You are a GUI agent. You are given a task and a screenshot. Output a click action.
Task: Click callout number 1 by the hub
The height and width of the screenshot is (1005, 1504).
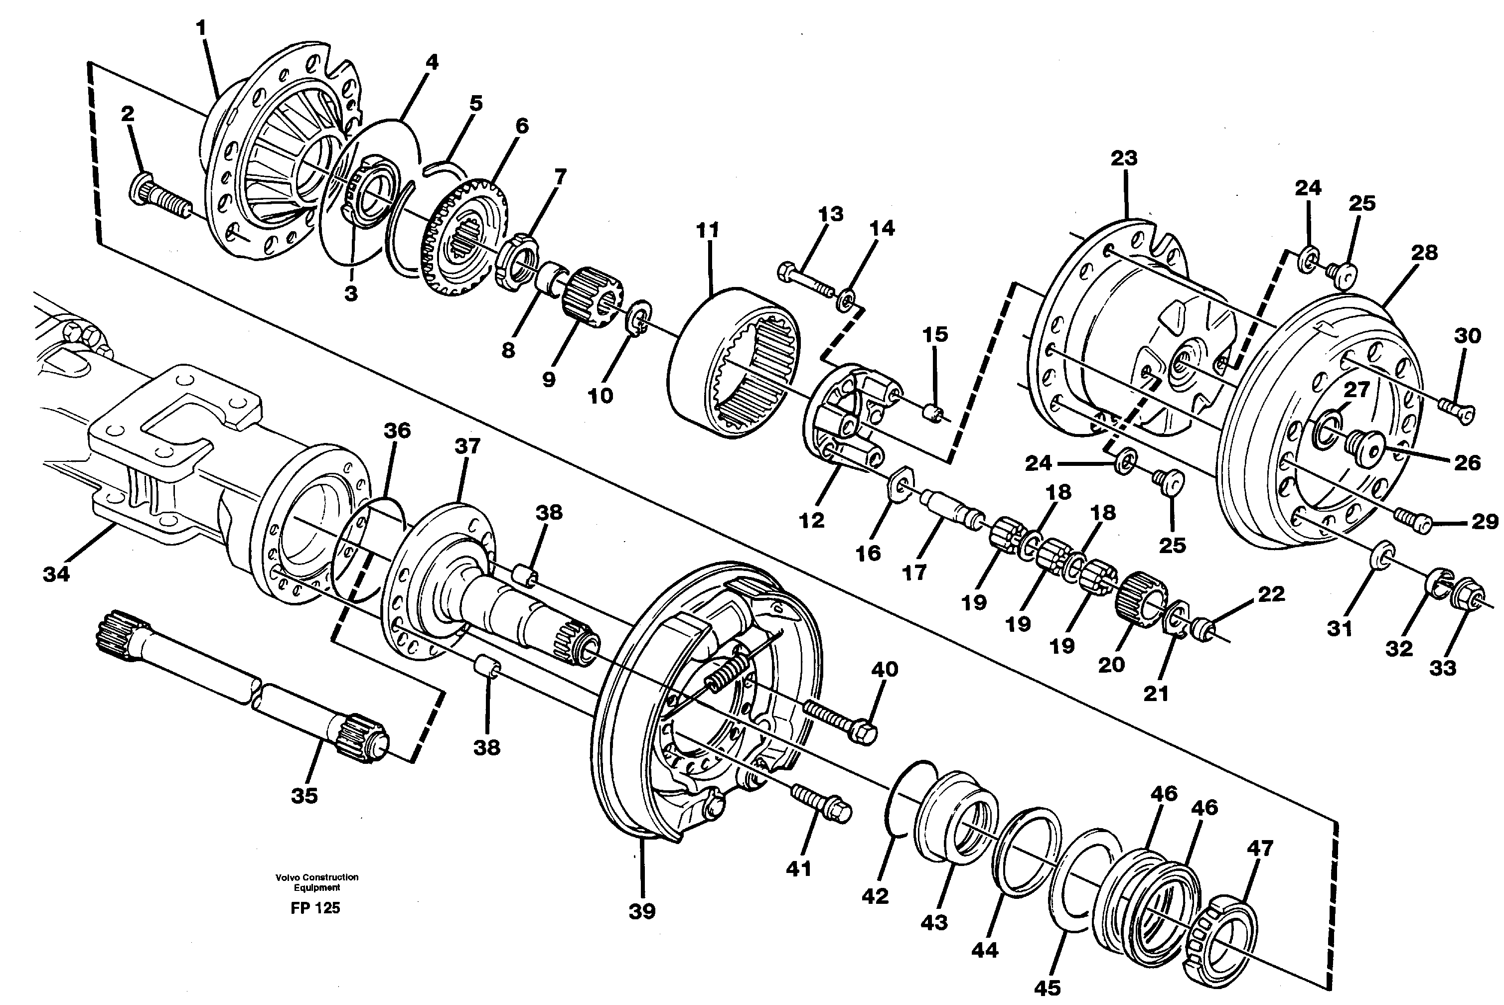tap(201, 28)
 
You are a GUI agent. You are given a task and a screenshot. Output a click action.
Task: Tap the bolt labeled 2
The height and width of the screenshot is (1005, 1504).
tap(160, 196)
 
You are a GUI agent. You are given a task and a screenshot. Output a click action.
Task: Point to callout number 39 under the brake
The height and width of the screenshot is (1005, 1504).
tap(642, 911)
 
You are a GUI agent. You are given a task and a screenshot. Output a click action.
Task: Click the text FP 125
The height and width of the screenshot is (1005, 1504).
tap(315, 907)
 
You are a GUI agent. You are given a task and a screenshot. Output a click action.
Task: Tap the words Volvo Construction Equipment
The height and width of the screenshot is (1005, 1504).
tap(317, 882)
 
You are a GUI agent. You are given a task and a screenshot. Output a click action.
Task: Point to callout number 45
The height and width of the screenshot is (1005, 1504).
tap(1047, 988)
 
